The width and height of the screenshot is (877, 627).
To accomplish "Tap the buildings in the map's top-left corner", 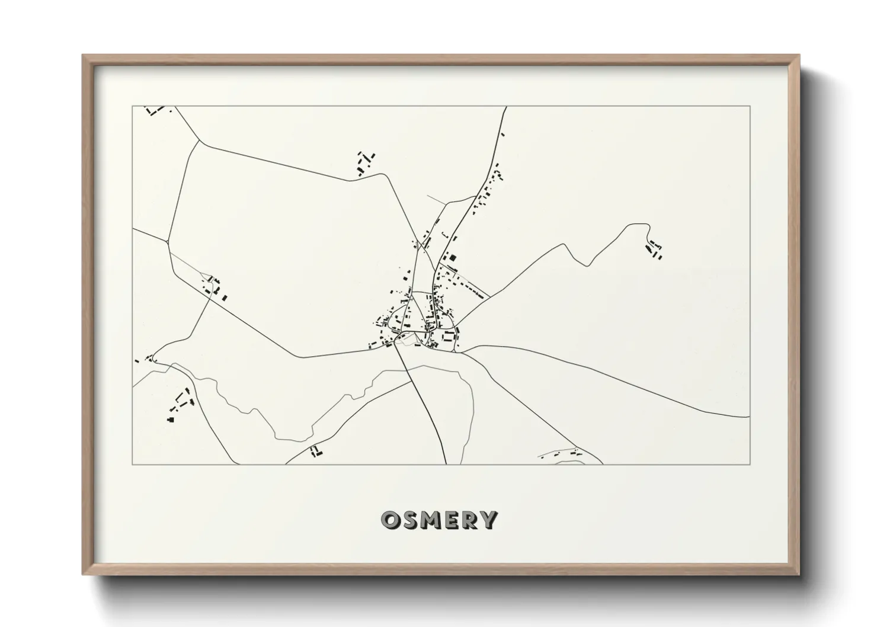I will pos(155,110).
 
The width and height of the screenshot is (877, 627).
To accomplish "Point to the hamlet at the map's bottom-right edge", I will pos(561,455).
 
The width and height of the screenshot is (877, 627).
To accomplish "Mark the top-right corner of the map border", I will pos(750,106).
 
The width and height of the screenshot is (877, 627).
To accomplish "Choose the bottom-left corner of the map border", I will pos(132,464).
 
